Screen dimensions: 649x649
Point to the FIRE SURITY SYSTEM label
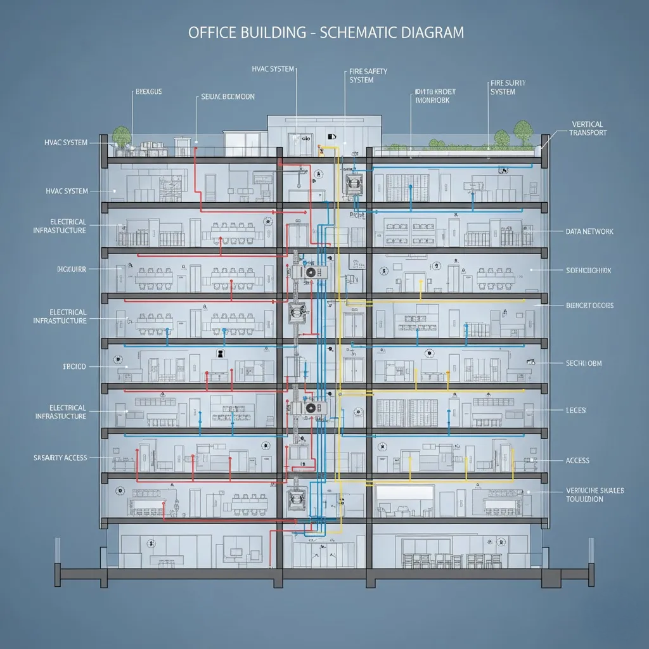(x=508, y=87)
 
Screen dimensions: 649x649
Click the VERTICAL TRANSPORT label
(x=588, y=129)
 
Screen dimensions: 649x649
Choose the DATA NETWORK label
(x=589, y=232)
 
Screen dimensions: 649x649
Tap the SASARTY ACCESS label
(x=60, y=458)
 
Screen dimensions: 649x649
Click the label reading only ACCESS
(x=577, y=461)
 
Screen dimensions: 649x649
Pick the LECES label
(x=575, y=411)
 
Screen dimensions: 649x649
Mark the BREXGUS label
(x=149, y=92)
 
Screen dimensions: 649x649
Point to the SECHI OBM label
(x=583, y=363)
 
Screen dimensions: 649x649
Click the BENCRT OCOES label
(x=589, y=305)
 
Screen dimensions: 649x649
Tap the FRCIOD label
(x=74, y=367)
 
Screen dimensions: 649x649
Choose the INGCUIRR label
(x=71, y=269)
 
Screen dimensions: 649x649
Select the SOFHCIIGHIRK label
(x=589, y=271)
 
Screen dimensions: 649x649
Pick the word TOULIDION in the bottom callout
(x=584, y=499)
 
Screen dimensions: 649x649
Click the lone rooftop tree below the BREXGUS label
(x=120, y=134)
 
